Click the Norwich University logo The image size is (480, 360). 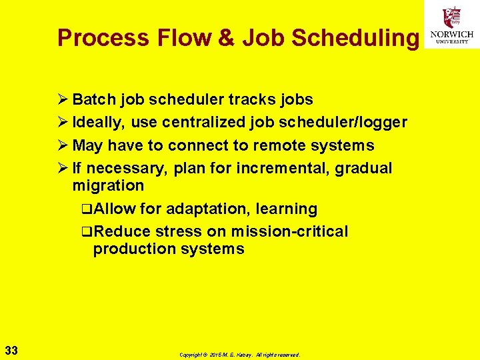(x=452, y=25)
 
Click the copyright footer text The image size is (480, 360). (x=240, y=355)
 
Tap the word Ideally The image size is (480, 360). (x=99, y=123)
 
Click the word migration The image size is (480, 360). (x=108, y=185)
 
